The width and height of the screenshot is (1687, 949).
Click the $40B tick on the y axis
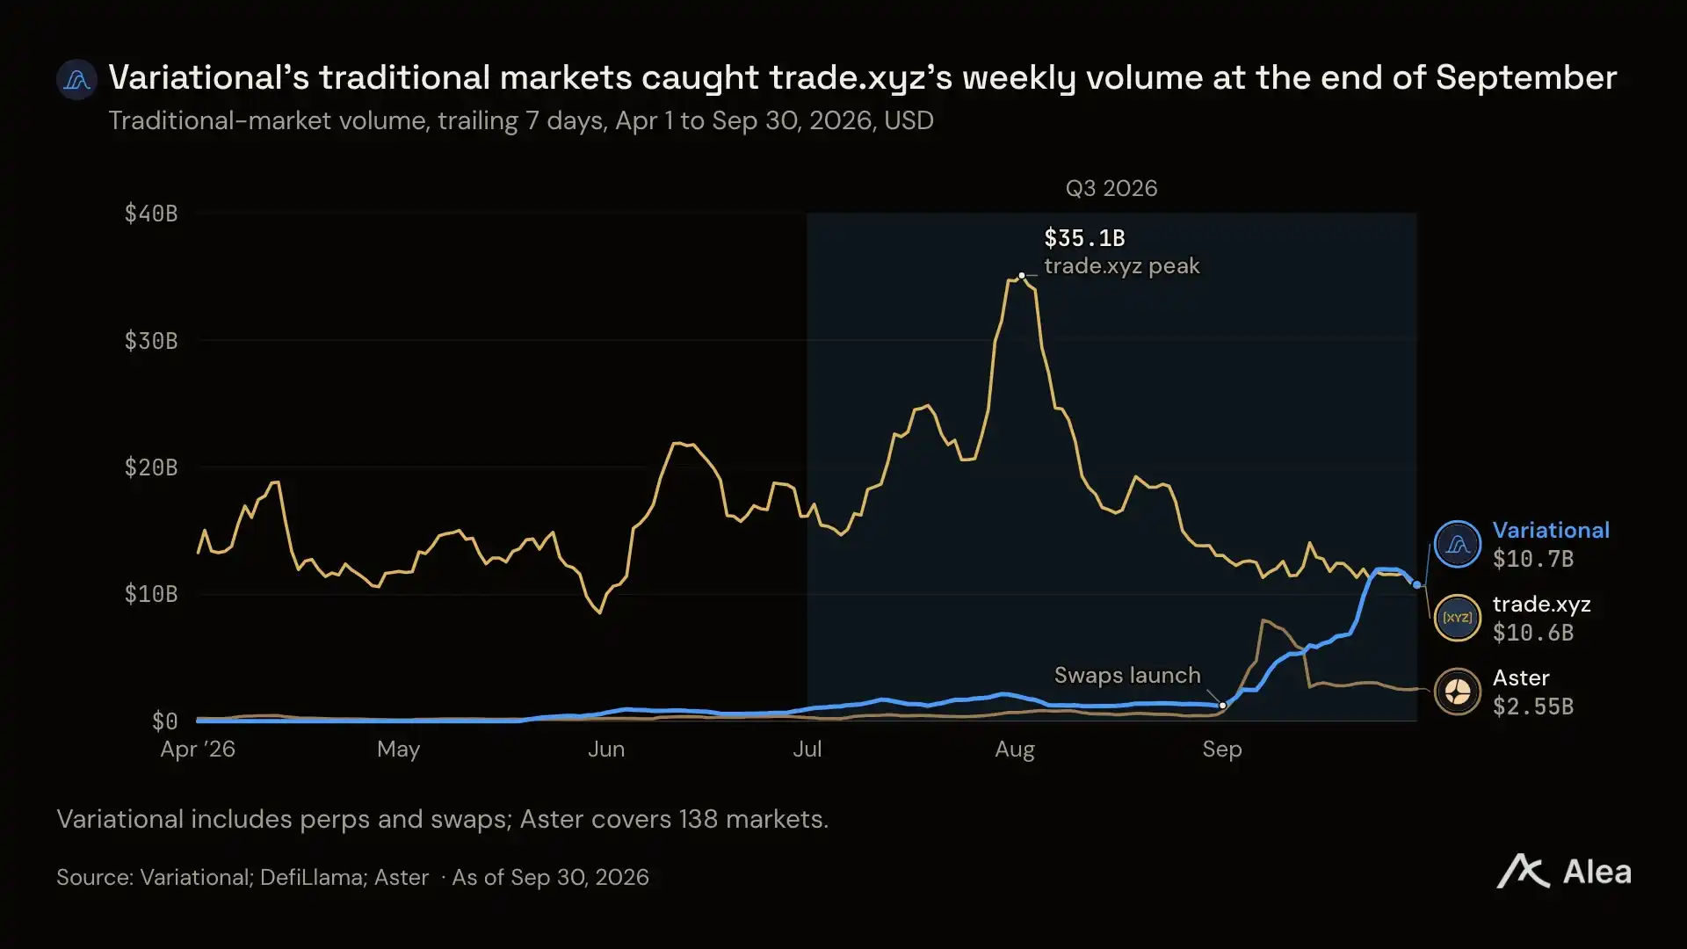[151, 214]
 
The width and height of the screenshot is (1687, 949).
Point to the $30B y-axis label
[151, 341]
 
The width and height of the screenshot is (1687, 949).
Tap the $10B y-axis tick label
[151, 594]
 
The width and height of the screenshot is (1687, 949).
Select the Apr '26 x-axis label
[198, 750]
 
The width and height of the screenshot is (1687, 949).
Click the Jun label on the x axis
[606, 750]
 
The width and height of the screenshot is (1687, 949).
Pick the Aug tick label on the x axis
[1015, 750]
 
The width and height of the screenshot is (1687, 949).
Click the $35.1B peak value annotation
[1084, 238]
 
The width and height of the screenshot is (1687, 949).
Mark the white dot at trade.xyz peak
[1022, 276]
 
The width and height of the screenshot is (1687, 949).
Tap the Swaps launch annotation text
[1127, 676]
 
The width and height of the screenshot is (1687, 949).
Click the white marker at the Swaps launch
[1222, 706]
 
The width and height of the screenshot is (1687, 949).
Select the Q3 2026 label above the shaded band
[1111, 189]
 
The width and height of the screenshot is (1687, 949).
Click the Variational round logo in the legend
[1458, 544]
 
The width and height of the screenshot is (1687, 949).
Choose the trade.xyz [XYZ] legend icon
[1458, 618]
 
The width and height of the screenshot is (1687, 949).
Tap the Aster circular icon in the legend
[1458, 692]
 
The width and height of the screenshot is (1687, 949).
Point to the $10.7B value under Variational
[1533, 559]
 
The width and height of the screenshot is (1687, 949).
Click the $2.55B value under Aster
[1533, 706]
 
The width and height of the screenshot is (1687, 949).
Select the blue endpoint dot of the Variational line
[1416, 585]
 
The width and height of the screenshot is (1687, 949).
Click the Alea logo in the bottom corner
[1564, 872]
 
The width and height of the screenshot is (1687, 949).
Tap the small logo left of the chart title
[77, 80]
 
